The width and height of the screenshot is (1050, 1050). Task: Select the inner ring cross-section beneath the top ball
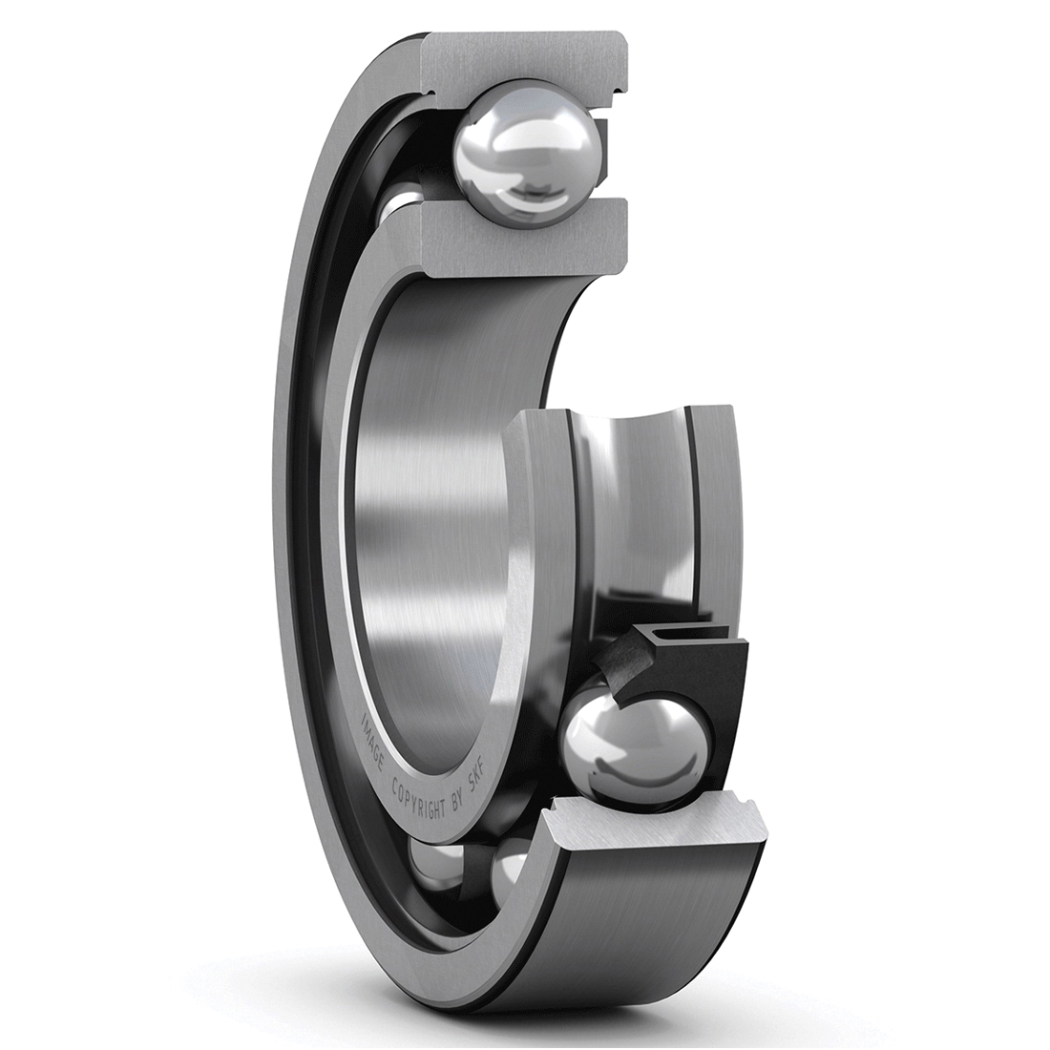[523, 233]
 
